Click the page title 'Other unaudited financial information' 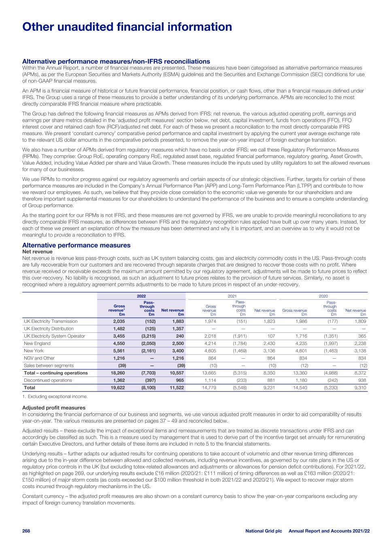pos(127,27)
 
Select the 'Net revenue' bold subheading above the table pos(37,252)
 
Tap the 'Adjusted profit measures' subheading pos(54,408)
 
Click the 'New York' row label pos(34,351)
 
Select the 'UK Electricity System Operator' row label pos(54,336)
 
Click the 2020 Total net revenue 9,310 pos(360,387)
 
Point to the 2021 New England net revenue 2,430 pos(269,343)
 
